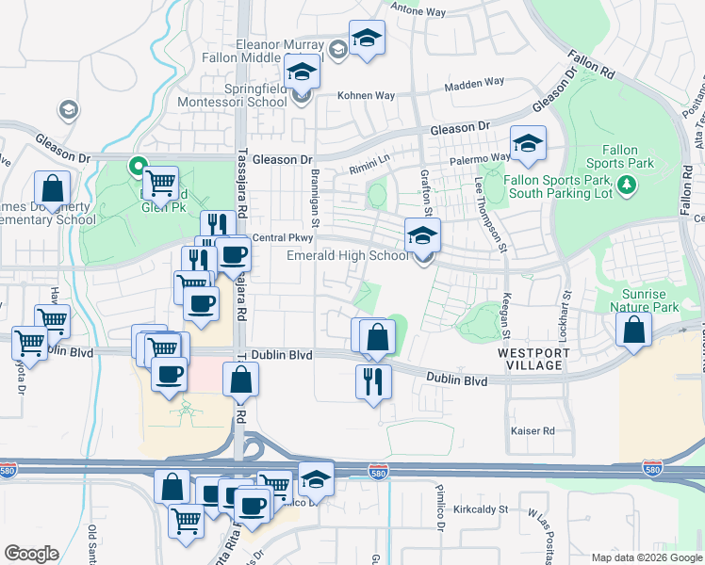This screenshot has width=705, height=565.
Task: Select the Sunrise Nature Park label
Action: point(644,299)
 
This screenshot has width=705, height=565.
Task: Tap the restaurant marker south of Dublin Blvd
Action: point(373,381)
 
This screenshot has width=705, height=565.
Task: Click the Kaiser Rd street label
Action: point(533,431)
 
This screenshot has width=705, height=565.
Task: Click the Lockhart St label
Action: point(567,309)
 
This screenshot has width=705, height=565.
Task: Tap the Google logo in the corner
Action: point(31,554)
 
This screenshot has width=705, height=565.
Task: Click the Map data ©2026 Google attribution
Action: point(646,557)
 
